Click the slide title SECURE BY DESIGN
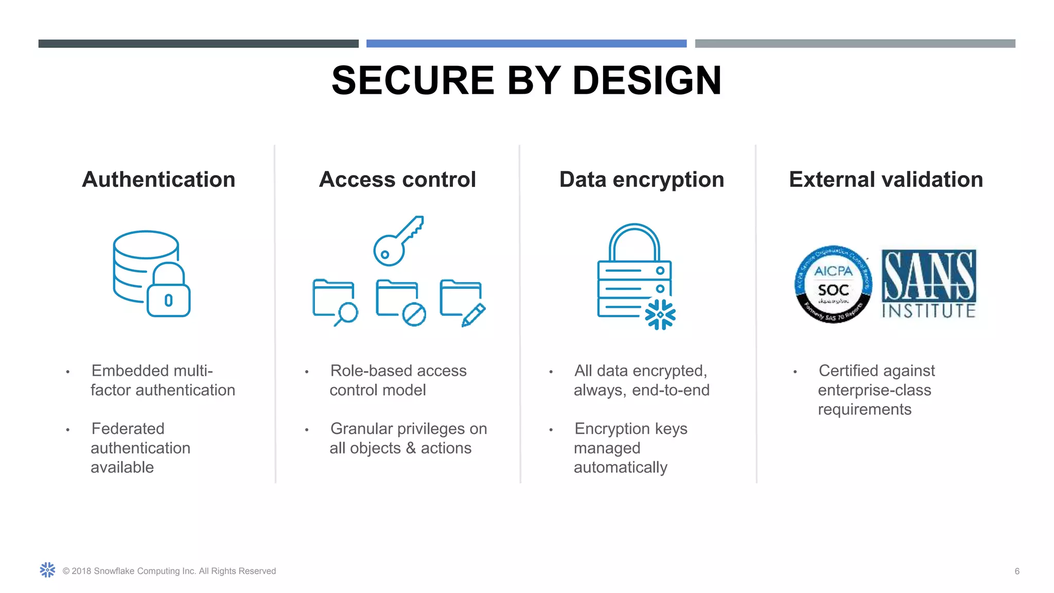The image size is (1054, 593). point(526,81)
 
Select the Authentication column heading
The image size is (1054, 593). point(159,180)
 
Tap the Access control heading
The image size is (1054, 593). point(397,180)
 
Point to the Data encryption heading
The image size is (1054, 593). point(642,180)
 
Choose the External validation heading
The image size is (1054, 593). point(886,180)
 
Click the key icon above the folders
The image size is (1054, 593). point(398,241)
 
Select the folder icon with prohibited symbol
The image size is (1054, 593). point(400,303)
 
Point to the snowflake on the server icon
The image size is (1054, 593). point(660,314)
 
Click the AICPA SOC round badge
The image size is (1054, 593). point(833,284)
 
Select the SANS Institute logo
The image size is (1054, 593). point(928,284)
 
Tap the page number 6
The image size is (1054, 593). point(1017,571)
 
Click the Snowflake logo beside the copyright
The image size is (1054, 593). point(47,570)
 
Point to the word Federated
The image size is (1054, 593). point(128,429)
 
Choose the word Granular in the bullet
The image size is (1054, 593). point(364,429)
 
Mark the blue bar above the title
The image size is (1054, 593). point(526,44)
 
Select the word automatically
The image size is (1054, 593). point(620,467)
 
